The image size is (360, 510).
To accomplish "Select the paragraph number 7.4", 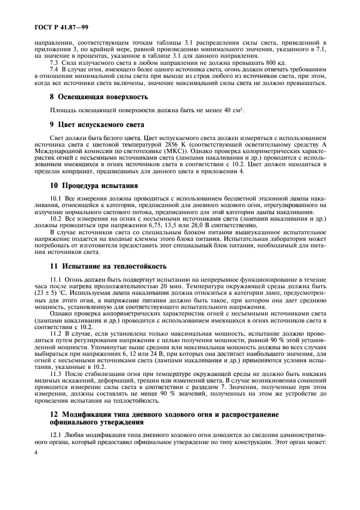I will pyautogui.click(x=54, y=70).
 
